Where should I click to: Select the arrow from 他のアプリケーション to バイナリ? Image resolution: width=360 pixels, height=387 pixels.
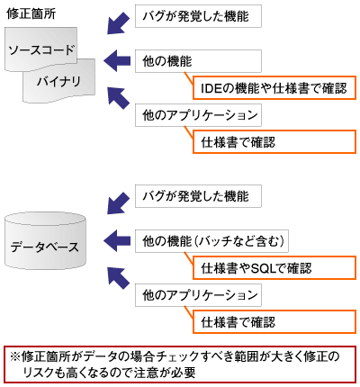116,97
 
